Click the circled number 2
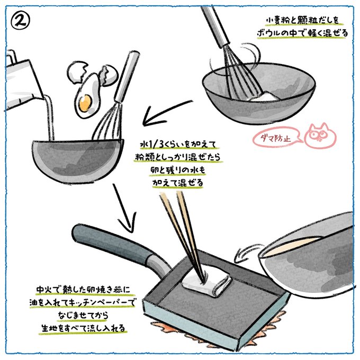[20, 21]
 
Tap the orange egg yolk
[85, 102]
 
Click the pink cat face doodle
[320, 136]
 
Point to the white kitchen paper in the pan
[205, 282]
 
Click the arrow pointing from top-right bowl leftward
[167, 114]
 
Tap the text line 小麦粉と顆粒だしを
[303, 21]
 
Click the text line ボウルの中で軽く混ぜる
[302, 33]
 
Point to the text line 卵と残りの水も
[177, 170]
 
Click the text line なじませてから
[83, 315]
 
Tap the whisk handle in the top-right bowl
[215, 26]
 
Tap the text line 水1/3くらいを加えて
[178, 145]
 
